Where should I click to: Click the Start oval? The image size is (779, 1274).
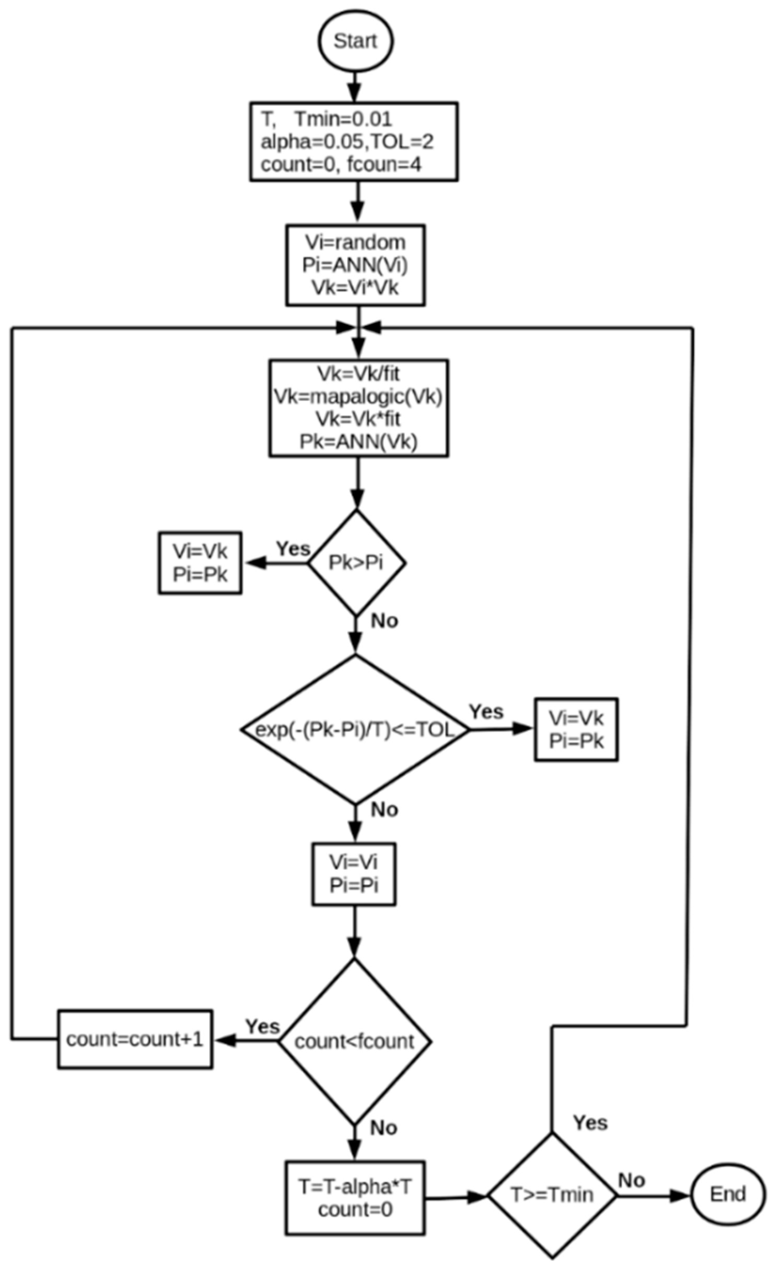pyautogui.click(x=355, y=41)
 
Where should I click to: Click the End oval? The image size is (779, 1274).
pyautogui.click(x=727, y=1194)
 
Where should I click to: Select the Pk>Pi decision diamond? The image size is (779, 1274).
pyautogui.click(x=356, y=563)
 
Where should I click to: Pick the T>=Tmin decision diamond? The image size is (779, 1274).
pyautogui.click(x=552, y=1195)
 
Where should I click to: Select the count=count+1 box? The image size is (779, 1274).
pyautogui.click(x=135, y=1039)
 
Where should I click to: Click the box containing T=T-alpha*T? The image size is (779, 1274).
pyautogui.click(x=355, y=1198)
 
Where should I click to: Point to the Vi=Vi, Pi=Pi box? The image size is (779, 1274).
pyautogui.click(x=354, y=874)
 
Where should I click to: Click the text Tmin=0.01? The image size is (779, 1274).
pyautogui.click(x=343, y=120)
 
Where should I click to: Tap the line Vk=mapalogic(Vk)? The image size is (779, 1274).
pyautogui.click(x=358, y=397)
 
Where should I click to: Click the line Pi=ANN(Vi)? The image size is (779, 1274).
pyautogui.click(x=355, y=265)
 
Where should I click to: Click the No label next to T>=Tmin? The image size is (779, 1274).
pyautogui.click(x=632, y=1180)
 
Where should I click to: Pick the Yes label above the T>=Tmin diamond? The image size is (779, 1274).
pyautogui.click(x=590, y=1123)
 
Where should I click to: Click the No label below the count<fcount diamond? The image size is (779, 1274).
pyautogui.click(x=384, y=1128)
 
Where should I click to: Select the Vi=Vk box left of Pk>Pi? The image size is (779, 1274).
pyautogui.click(x=200, y=563)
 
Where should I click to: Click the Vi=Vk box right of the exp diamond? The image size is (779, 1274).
pyautogui.click(x=576, y=729)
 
